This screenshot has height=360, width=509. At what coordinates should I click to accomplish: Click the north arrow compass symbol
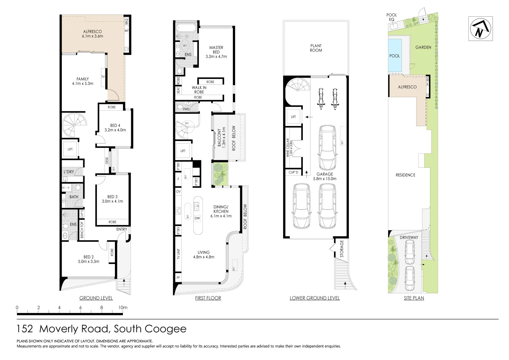[x=480, y=29]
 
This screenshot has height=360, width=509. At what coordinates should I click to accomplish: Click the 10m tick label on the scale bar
[x=123, y=308]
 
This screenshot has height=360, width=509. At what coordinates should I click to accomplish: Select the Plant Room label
[x=316, y=48]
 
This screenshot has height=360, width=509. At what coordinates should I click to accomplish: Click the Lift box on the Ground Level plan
[x=70, y=149]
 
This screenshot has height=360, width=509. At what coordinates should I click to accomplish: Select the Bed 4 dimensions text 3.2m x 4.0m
[x=115, y=130]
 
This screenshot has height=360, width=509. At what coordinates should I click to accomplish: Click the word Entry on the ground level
[x=122, y=229]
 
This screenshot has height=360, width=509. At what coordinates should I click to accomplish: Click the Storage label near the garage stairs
[x=341, y=249]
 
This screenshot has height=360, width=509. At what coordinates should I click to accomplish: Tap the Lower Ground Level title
[x=314, y=298]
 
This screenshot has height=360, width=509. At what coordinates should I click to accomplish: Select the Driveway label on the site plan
[x=409, y=237]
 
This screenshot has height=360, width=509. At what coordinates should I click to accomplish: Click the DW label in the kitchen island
[x=197, y=218]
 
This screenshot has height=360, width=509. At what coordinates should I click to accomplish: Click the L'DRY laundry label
[x=69, y=172]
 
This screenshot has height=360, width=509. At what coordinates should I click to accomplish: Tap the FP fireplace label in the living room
[x=178, y=277]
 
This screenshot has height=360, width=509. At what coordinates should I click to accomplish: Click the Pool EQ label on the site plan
[x=391, y=17]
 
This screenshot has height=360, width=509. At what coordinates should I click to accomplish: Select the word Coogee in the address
[x=167, y=329]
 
